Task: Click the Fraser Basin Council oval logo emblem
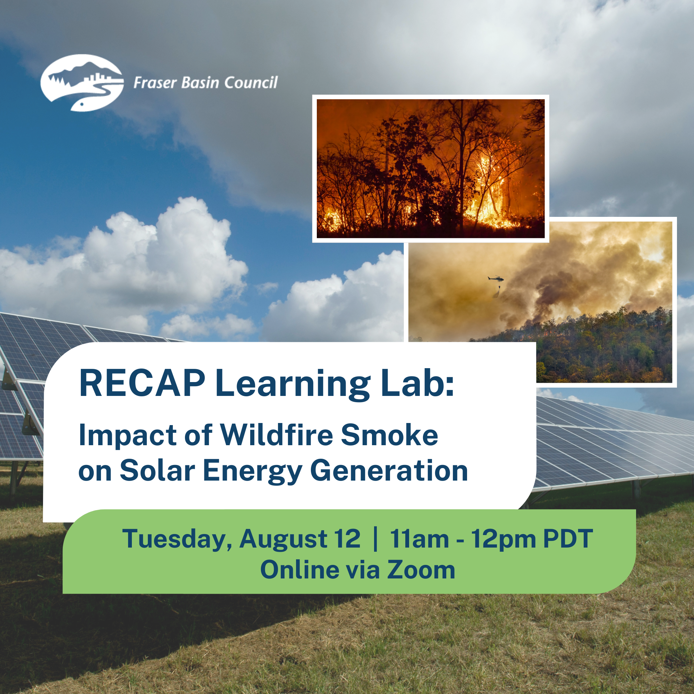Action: (82, 83)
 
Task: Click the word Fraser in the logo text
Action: (155, 83)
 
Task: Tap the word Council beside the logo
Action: (251, 83)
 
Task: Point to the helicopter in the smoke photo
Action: (496, 278)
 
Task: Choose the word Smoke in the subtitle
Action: (390, 435)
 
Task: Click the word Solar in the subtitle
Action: (157, 471)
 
